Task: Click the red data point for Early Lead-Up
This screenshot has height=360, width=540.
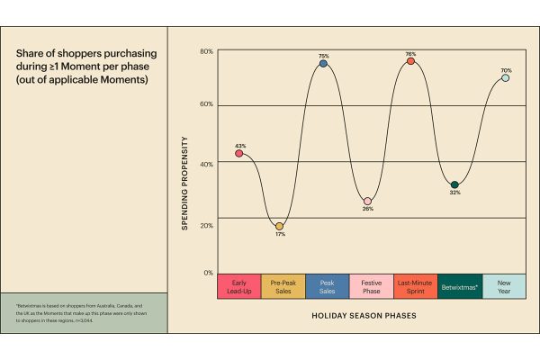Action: (x=239, y=153)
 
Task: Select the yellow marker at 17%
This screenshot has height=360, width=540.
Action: (x=279, y=226)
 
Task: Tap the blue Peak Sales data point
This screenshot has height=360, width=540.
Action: (x=323, y=63)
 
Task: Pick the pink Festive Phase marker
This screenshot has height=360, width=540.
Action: (x=367, y=201)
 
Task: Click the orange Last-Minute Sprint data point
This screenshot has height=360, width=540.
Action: (x=410, y=61)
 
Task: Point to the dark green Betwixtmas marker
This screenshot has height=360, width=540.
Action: (x=454, y=184)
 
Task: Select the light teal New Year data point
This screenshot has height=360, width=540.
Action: (x=505, y=77)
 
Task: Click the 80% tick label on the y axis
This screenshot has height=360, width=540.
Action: (x=206, y=51)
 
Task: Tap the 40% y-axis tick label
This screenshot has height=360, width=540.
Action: (x=206, y=162)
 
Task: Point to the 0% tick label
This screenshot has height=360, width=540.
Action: (x=208, y=272)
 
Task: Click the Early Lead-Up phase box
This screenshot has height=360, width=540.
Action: (x=239, y=286)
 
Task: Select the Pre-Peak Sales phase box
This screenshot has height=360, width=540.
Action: (x=283, y=286)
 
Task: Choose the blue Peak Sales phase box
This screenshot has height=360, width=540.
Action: (x=328, y=286)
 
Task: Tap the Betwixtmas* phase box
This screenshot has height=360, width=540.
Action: (x=461, y=286)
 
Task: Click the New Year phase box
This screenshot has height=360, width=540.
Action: (x=505, y=286)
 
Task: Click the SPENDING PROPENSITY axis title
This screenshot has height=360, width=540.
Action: (x=185, y=183)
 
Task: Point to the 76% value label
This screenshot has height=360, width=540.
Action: (x=410, y=53)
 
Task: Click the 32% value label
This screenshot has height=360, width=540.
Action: (x=454, y=193)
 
